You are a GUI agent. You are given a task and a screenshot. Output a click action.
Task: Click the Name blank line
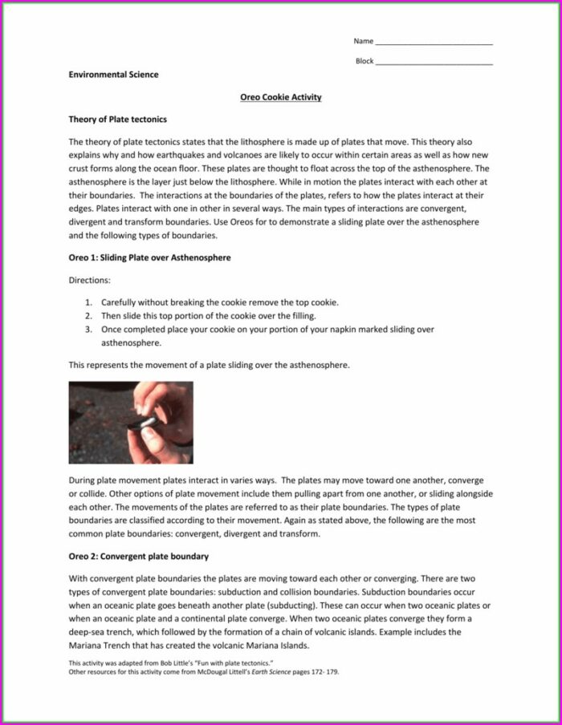point(434,43)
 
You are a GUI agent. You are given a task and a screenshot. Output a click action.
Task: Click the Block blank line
point(434,62)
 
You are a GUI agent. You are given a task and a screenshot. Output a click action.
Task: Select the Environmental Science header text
point(113,75)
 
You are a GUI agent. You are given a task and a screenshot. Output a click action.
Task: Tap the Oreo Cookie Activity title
point(281,97)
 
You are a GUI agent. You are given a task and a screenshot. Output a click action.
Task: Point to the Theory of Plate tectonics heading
point(117,119)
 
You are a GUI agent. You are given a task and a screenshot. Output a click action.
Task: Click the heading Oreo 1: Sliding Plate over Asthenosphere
point(150,257)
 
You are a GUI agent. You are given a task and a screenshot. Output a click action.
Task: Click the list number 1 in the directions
point(88,302)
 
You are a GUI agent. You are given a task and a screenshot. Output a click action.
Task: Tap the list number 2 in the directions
point(88,316)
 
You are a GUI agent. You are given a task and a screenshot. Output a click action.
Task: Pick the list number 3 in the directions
point(88,330)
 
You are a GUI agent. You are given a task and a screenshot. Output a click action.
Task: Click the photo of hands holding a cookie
point(130,422)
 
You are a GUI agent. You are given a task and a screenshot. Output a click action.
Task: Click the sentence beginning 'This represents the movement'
point(209,365)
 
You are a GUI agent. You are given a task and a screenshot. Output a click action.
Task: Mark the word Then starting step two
point(110,316)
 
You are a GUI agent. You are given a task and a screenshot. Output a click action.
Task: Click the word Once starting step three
point(111,330)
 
